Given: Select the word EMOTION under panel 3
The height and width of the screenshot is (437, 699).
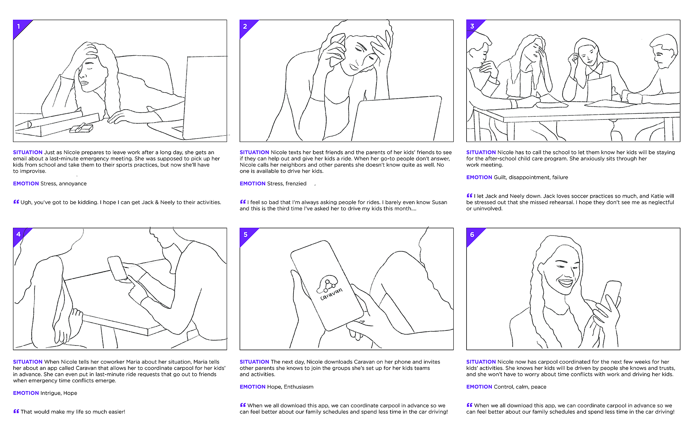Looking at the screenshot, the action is (x=479, y=177).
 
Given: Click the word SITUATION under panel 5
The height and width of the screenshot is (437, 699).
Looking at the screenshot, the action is (x=254, y=362).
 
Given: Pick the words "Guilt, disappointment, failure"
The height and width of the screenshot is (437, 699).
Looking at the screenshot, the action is (x=531, y=178).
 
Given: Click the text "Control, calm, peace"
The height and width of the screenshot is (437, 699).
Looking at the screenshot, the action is (x=520, y=387).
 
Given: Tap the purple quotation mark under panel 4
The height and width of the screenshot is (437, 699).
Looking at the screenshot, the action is (x=16, y=411).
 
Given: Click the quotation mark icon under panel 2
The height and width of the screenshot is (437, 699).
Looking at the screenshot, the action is (x=243, y=202).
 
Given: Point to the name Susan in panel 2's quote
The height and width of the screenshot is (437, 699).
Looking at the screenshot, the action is (x=439, y=202).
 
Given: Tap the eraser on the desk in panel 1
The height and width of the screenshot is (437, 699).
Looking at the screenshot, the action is (x=81, y=129).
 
